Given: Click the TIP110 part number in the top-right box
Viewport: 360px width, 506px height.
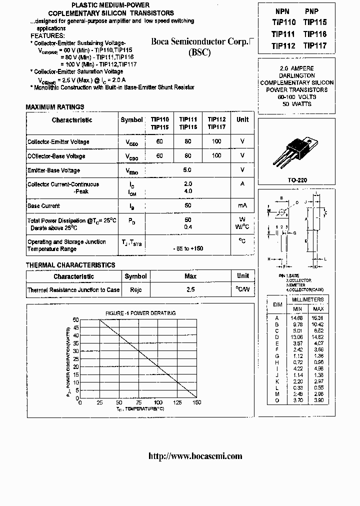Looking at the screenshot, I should tap(284, 22).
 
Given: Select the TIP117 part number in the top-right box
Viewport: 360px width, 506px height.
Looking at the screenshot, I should tap(315, 46).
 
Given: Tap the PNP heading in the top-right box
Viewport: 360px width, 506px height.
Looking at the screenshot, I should tap(312, 11).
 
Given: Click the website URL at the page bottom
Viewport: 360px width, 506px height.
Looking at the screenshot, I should tap(195, 455).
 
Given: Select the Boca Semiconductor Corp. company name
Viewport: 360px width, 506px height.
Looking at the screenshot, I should tap(199, 42).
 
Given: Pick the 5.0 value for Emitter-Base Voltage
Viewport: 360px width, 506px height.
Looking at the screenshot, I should tap(187, 170).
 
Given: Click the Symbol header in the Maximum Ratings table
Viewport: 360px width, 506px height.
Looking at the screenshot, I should tap(131, 120).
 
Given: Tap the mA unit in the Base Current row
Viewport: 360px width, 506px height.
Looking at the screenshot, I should tap(242, 205).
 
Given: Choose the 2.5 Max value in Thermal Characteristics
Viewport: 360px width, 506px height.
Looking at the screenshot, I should tap(190, 289).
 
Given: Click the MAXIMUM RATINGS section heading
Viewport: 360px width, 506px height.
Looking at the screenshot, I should tap(55, 107).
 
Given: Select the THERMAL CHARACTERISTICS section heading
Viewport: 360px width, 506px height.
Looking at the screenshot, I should tap(70, 265).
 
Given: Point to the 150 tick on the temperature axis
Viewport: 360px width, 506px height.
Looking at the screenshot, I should tap(196, 402).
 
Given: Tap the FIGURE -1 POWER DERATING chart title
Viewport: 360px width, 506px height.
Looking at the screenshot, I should tap(140, 313).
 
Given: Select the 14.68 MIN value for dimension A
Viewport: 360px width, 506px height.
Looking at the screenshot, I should tap(297, 317).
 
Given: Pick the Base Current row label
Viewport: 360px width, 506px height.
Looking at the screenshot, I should tap(43, 205).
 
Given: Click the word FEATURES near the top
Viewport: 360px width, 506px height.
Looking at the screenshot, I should tap(47, 36).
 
